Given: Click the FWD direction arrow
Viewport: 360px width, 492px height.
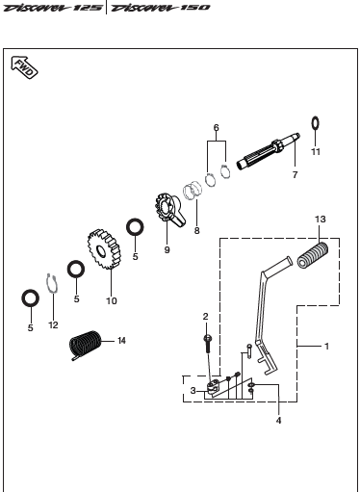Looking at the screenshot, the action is tap(24, 67).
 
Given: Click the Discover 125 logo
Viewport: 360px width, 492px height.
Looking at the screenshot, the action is tap(53, 8).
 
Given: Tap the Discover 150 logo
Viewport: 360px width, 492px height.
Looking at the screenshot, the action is tap(160, 8).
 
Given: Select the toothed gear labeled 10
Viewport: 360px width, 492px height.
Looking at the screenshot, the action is tap(104, 249).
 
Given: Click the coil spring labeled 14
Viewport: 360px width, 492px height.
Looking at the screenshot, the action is tap(86, 345).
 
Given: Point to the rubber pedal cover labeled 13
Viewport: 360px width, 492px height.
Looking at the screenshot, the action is tap(313, 255).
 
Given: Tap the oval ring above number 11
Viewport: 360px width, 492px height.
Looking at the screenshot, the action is tap(316, 123).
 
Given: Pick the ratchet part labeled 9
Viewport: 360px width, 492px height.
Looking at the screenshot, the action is tap(169, 209).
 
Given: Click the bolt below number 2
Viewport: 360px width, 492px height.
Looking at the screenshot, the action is tap(207, 344).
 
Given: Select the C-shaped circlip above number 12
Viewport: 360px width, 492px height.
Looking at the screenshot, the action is tap(52, 283).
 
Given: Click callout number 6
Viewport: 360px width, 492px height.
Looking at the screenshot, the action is tap(217, 128).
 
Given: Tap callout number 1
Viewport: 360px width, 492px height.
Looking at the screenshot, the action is tap(326, 347).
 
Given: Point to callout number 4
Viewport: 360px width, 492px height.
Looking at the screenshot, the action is tap(278, 420).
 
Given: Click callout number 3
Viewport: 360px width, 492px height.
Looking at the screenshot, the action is tap(193, 391).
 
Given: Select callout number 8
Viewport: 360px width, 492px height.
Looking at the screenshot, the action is tap(196, 230).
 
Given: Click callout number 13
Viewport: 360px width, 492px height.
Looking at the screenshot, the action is tap(321, 220).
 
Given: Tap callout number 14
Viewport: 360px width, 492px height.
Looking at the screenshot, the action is tap(121, 341).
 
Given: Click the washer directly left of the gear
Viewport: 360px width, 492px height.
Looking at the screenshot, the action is tap(76, 269).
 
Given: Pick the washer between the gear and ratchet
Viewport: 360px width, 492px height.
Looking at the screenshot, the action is tap(135, 227).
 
